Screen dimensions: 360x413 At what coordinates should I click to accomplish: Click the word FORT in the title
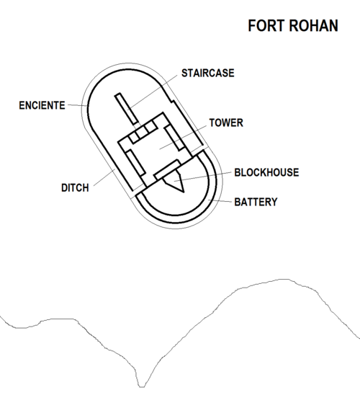click(267, 26)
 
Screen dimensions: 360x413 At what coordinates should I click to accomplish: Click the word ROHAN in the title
click(314, 26)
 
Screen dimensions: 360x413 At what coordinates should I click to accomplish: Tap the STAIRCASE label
click(208, 74)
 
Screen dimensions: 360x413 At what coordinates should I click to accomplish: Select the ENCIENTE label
click(42, 105)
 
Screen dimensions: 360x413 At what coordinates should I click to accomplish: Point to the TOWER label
click(226, 123)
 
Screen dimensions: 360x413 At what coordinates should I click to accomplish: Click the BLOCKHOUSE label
click(266, 172)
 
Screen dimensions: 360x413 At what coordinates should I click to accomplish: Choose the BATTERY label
click(256, 202)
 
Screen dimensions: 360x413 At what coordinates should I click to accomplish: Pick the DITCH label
click(75, 188)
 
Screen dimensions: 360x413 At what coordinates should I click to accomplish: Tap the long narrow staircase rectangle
click(126, 109)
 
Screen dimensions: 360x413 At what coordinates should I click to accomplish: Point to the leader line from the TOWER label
click(183, 138)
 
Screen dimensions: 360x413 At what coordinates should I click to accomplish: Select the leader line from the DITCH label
click(104, 178)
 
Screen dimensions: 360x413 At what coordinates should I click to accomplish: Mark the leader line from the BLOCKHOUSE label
click(202, 177)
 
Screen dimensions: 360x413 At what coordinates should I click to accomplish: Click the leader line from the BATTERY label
click(220, 201)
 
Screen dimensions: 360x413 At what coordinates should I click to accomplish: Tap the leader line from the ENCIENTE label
click(78, 105)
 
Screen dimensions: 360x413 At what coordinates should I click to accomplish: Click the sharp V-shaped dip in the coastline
click(142, 386)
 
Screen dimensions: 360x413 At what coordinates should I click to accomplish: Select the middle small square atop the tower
click(143, 130)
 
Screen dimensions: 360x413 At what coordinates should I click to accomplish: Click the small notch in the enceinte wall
click(172, 101)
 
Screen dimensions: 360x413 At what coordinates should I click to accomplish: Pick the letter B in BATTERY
click(237, 202)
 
